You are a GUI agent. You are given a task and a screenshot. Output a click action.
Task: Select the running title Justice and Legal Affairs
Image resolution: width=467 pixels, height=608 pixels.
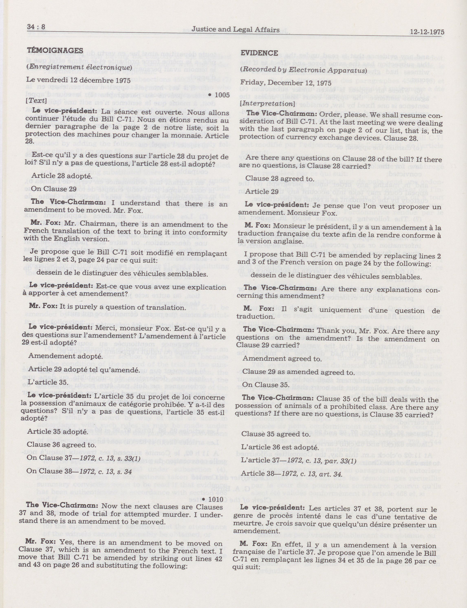click(x=236, y=30)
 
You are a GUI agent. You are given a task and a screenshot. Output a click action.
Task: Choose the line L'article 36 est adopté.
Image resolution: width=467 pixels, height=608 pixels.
click(x=279, y=448)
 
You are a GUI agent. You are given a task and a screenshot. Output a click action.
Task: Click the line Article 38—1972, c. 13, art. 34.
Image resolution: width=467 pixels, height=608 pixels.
click(x=291, y=473)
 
